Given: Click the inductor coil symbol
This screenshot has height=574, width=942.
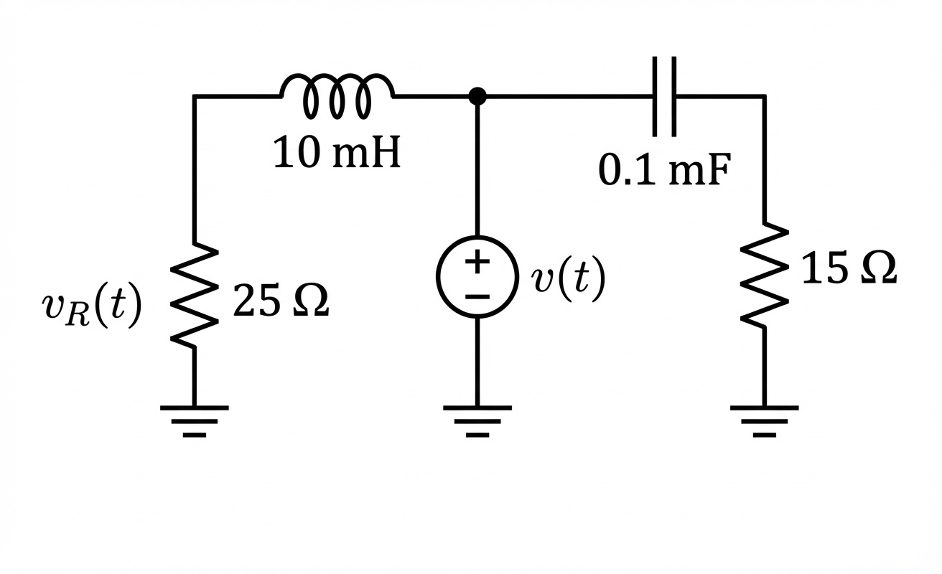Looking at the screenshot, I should coord(337,95).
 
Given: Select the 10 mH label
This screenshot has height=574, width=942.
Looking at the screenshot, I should coord(337,154).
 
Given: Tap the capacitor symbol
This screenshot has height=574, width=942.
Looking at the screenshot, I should coord(664,95).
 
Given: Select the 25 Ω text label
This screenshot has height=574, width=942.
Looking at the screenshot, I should coord(281,302).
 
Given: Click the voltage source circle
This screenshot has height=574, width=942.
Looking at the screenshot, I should coord(477,277).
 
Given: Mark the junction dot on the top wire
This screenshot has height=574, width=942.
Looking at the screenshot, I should coord(477,95).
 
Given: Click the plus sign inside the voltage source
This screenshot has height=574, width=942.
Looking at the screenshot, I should coord(477,262).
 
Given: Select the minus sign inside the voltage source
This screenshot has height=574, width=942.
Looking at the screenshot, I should coord(477,296).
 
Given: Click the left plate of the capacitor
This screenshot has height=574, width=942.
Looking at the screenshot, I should coord(656,95).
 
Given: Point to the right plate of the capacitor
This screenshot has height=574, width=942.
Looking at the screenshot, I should coord(673,95).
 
